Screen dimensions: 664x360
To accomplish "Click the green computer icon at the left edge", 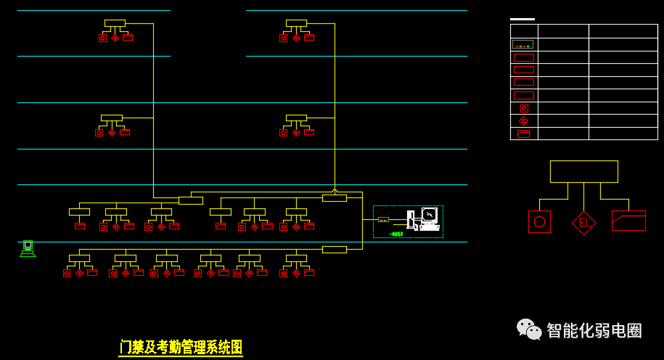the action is pos(28,249).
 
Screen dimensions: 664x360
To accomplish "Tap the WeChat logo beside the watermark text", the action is pos(529,329).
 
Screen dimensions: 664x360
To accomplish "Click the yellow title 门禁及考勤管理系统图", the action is pos(181,347).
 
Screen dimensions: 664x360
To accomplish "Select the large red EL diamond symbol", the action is pos(584,223).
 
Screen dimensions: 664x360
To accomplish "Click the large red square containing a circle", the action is pos(539,221).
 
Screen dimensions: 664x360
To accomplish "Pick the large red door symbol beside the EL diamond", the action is pos(629,221).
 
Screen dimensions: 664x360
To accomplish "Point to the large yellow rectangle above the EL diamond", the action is pos(584,171).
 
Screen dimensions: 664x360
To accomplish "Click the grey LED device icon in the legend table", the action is pos(523,44).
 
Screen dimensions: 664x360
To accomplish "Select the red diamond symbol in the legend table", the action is pos(524,121).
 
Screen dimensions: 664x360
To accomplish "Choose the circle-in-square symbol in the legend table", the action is pos(524,108).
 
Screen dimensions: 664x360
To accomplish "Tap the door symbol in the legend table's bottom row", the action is pos(524,134).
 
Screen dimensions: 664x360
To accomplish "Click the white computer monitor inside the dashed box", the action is pos(430,215).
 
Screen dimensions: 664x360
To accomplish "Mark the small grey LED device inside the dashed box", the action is pos(383,219).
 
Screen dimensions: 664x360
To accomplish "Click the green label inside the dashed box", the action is pos(396,234).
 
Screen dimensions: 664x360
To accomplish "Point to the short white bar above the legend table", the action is pos(522,19).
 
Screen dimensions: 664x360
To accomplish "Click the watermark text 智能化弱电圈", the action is pos(594,330).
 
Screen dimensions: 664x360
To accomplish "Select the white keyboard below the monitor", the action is pos(430,228).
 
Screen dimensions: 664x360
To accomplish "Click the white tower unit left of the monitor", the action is pos(411,220).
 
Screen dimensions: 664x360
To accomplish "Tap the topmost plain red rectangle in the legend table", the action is pos(524,57).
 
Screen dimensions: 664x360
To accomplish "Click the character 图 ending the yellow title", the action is pos(236,347).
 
